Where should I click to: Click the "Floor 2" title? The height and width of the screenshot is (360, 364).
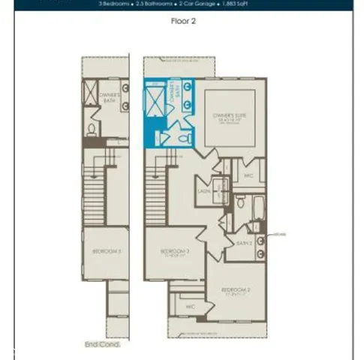(x=183, y=22)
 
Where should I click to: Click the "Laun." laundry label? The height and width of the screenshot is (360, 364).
(x=203, y=191)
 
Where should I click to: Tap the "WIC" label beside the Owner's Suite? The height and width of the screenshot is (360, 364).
(x=248, y=176)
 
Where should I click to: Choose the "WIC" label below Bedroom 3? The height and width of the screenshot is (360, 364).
(x=191, y=306)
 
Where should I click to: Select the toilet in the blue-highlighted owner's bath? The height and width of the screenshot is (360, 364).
(x=165, y=137)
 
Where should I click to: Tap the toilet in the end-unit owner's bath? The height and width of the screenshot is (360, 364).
(x=92, y=129)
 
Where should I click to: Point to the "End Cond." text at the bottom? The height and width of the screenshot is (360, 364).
(x=101, y=343)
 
